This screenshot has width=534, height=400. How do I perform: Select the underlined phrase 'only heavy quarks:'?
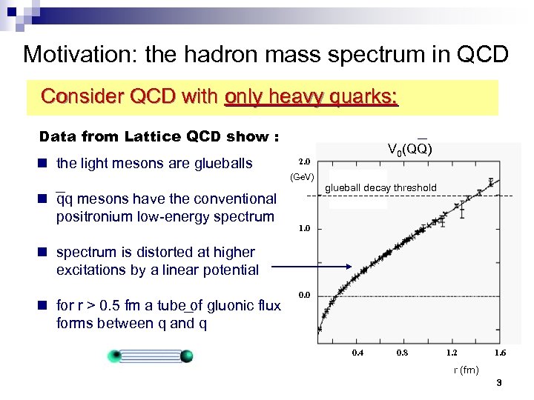click(x=311, y=97)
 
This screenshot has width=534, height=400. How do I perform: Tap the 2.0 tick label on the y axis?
click(x=305, y=161)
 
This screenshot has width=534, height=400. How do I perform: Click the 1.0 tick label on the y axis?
click(x=305, y=229)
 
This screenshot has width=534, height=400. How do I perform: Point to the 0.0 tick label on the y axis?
click(x=305, y=296)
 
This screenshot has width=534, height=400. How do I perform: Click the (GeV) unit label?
click(x=302, y=177)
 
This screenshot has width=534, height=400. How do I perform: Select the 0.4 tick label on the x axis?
click(x=357, y=353)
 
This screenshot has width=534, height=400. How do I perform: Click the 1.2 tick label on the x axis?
click(x=452, y=353)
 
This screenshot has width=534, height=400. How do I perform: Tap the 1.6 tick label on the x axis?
click(x=501, y=353)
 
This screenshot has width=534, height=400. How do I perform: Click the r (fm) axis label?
click(x=467, y=370)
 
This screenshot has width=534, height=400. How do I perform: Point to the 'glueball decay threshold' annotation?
click(x=380, y=188)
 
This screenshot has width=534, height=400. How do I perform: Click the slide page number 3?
click(x=499, y=383)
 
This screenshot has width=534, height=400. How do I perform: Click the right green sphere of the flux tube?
click(x=186, y=356)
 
